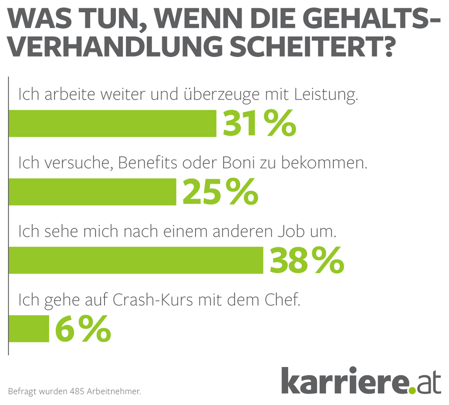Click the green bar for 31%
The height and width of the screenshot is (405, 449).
[112, 124]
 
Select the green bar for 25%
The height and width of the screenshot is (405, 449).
[92, 192]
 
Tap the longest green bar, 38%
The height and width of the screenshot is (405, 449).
[136, 260]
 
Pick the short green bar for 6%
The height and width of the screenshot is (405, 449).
[29, 328]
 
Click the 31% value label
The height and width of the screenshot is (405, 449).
[260, 124]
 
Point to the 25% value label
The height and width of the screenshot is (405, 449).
[220, 192]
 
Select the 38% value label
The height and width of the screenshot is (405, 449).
[307, 260]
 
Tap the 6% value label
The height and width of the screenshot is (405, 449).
[83, 329]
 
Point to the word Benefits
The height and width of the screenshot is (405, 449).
[148, 163]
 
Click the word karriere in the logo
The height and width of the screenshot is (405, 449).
[344, 380]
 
